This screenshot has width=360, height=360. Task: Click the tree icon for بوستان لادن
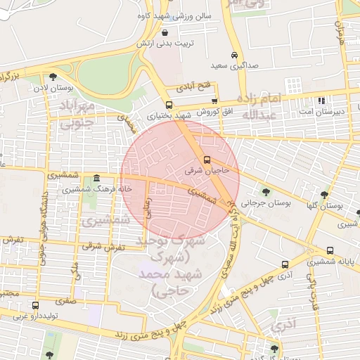tap(53, 77)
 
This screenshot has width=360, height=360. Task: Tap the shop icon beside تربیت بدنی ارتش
tap(165, 32)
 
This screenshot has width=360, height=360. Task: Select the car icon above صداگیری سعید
tap(234, 55)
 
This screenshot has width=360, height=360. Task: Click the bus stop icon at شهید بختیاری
tap(169, 104)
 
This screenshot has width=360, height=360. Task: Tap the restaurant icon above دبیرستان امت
tap(321, 101)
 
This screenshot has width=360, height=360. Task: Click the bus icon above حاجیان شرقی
tap(207, 160)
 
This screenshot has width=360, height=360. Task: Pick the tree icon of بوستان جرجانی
tap(265, 191)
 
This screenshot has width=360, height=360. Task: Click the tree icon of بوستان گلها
tap(324, 195)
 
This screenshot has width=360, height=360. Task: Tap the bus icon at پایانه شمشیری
tap(330, 250)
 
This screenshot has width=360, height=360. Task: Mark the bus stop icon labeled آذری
tap(285, 265)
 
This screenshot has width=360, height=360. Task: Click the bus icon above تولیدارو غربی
tap(35, 305)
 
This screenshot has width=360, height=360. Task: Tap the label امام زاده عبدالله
tap(260, 106)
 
